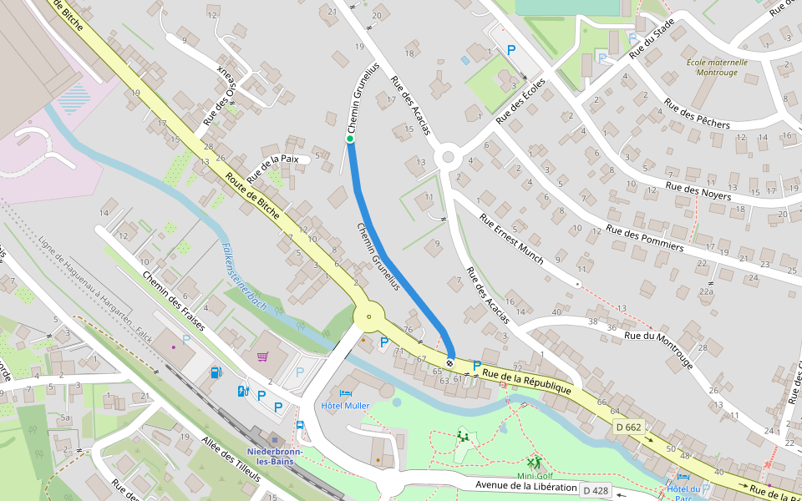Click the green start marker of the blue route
coord(351,139)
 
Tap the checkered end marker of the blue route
coord(450,362)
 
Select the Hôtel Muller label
coord(345,405)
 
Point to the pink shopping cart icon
coord(263,357)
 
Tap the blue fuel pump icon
coord(217,372)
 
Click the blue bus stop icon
coord(300,424)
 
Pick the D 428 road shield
coord(595,490)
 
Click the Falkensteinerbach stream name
coord(244,276)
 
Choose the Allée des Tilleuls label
coord(230,459)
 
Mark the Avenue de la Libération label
coord(526,486)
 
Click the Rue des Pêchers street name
coord(696,114)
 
